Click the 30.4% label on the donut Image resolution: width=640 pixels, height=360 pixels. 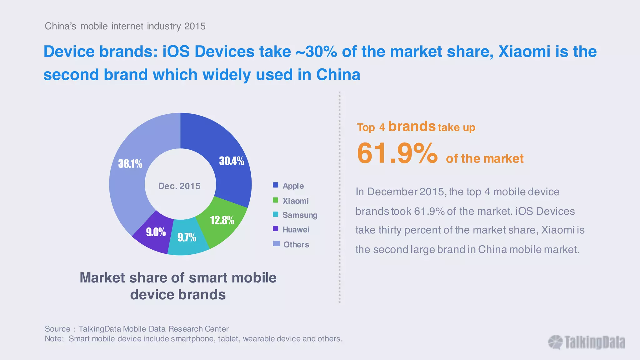[232, 161]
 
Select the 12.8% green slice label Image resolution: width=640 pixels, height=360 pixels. [222, 220]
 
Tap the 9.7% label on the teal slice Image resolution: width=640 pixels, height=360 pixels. [187, 237]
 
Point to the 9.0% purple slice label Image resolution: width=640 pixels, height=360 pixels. [156, 232]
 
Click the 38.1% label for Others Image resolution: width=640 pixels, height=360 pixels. [130, 163]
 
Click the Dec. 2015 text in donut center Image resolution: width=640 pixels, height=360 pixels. [179, 186]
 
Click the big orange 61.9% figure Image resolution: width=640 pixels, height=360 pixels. [397, 153]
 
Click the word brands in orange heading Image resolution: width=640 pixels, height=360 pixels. [412, 126]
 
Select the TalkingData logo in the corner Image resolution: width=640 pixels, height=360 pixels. [587, 342]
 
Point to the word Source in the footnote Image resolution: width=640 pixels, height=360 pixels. [57, 329]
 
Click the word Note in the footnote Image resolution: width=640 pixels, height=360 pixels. [54, 339]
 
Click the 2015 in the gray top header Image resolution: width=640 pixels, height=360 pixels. [195, 26]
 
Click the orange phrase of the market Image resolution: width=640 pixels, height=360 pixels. [484, 158]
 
